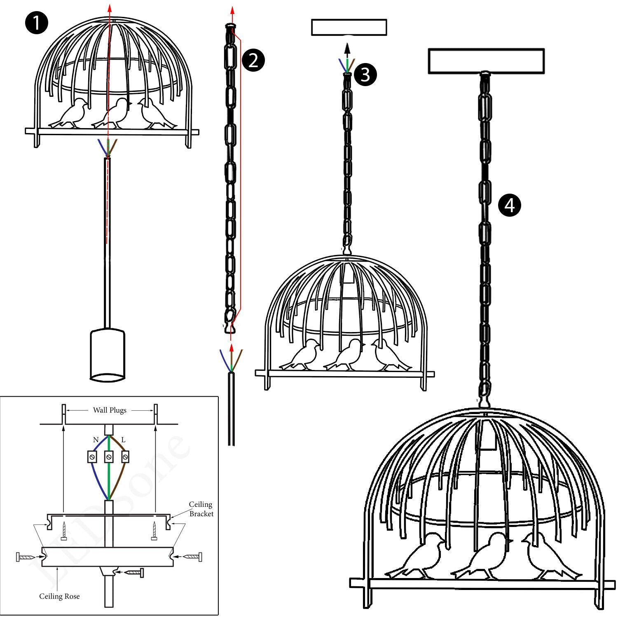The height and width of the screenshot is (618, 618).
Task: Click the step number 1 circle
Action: pos(37,23)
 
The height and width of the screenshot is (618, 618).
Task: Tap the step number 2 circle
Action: pos(253,60)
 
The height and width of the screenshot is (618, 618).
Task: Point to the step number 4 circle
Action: pos(510,205)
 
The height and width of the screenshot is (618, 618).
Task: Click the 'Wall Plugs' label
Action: pos(110,410)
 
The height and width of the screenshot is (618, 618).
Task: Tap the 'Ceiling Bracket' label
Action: pos(201,509)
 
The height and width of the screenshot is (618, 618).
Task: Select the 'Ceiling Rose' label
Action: pos(59,596)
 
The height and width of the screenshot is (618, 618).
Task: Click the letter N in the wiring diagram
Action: pos(96,440)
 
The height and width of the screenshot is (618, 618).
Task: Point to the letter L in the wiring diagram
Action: pos(123,440)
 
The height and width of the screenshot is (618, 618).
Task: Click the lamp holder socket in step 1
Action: pos(107,354)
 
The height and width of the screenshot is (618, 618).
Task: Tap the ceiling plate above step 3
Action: pos(349,28)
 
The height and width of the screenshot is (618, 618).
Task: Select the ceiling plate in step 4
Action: pos(486,61)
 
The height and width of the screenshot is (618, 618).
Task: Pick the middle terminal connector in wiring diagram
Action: pos(109,457)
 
